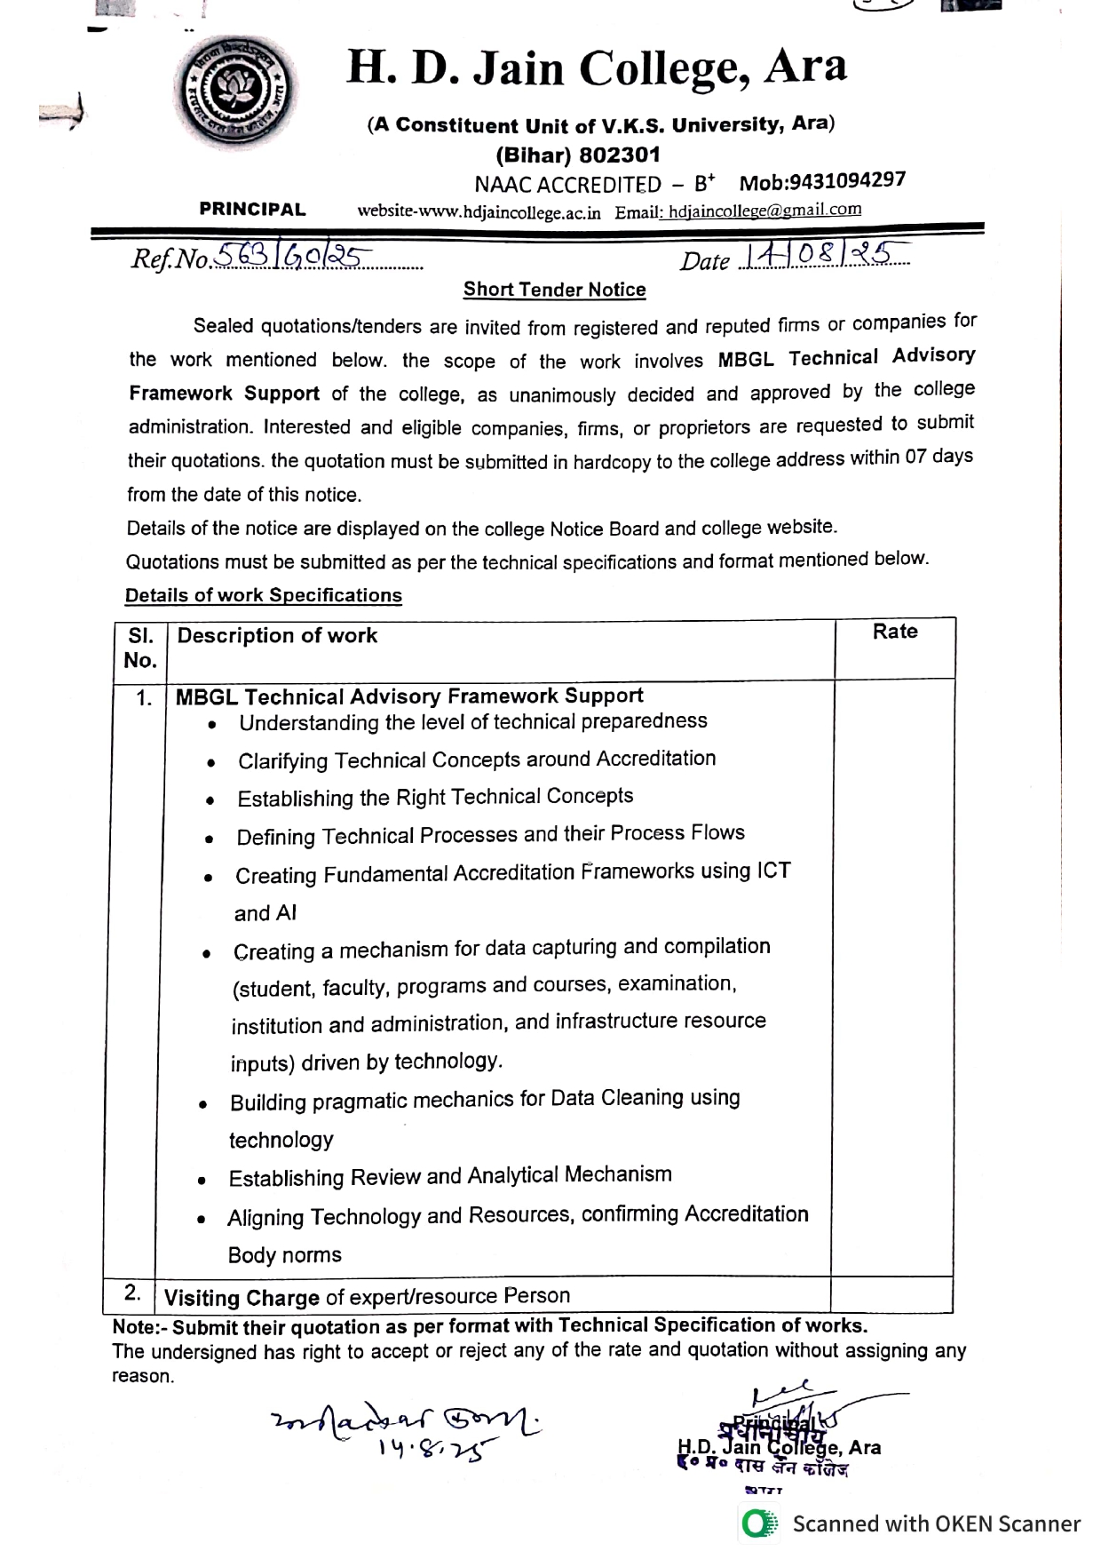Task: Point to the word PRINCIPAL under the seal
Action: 252,210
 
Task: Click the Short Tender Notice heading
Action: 554,290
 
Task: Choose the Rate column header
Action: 894,632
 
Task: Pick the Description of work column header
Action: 277,636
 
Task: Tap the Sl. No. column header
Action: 140,648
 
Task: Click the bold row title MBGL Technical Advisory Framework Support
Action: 409,696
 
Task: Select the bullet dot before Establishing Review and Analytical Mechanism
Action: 202,1181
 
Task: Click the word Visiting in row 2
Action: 197,1298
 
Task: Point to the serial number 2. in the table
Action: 132,1293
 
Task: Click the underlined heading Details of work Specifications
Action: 263,595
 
